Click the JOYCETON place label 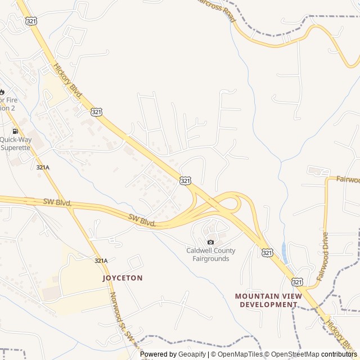coord(122,278)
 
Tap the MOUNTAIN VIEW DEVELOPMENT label coord(268,300)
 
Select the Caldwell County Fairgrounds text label coord(211,254)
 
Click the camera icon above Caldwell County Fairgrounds coord(211,242)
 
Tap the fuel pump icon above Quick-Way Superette coord(14,131)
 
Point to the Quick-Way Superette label coord(16,143)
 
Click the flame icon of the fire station coord(2,92)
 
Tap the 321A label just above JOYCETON coord(101,260)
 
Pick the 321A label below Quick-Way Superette coord(43,168)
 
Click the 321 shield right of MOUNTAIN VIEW coord(298,281)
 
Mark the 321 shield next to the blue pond coord(267,253)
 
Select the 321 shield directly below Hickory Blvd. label coord(97,112)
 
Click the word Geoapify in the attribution coord(193,354)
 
